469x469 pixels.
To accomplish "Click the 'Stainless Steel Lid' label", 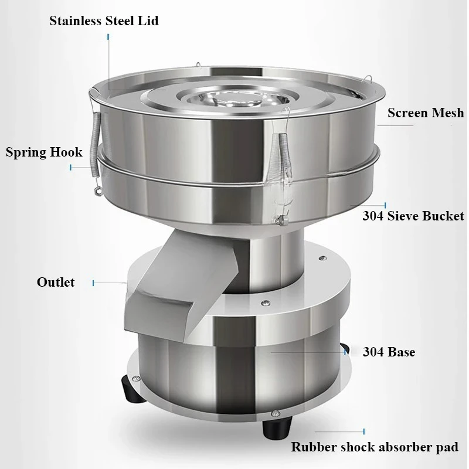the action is [104, 21].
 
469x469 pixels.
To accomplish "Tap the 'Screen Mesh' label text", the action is [426, 113].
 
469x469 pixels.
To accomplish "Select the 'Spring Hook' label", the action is [44, 152].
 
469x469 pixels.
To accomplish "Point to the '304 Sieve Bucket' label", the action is [413, 216].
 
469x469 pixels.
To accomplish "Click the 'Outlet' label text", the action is [56, 282].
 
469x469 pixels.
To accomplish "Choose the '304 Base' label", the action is [389, 352].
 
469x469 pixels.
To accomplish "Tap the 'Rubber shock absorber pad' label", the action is [375, 447].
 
